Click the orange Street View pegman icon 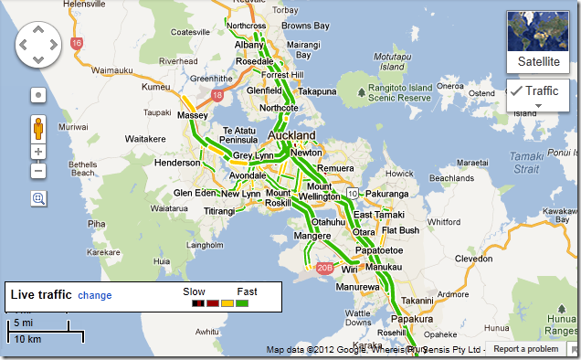pos(38,125)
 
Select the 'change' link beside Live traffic pos(94,295)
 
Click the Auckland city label pos(291,135)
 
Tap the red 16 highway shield pos(77,43)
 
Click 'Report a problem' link pos(525,349)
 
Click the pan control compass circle pos(37,43)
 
